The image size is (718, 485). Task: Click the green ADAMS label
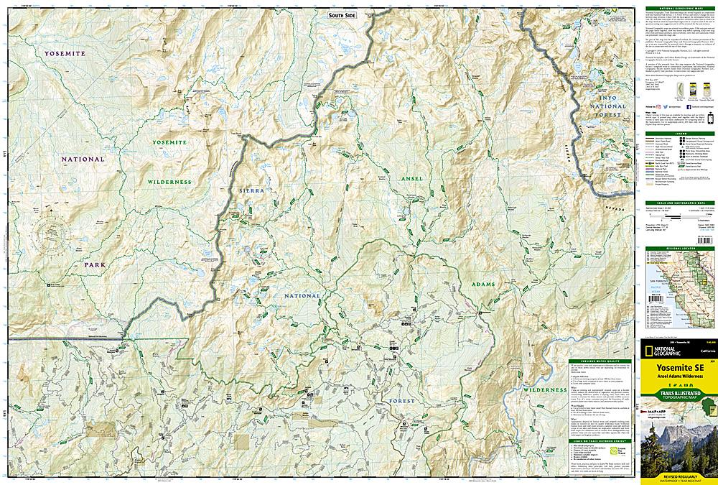482,286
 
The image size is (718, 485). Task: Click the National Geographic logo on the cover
658,351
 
